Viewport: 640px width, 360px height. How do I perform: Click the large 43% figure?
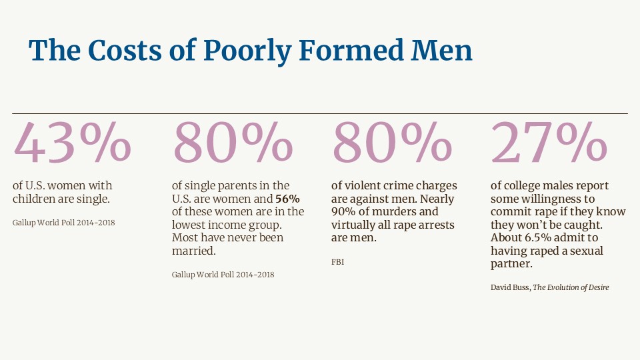click(x=73, y=143)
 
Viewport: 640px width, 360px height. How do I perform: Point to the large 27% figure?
click(x=549, y=143)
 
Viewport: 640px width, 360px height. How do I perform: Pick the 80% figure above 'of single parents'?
click(x=233, y=143)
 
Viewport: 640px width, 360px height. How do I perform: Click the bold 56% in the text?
click(x=287, y=199)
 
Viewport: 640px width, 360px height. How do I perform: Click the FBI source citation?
click(x=337, y=263)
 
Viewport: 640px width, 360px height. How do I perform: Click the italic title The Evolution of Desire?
click(x=571, y=287)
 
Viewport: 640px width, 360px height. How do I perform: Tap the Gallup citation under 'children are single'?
click(x=64, y=223)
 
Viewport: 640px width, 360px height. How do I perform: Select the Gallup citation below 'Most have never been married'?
click(x=223, y=275)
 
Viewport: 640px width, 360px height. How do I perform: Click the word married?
click(x=192, y=251)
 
